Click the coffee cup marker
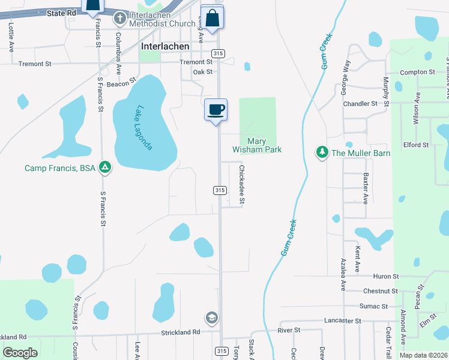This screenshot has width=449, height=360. pos(215,110)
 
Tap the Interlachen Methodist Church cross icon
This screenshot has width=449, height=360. pos(120,19)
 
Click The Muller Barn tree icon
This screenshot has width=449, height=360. pos(323,152)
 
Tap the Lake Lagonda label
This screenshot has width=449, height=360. pos(144,128)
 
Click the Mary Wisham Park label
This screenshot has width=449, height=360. pos(257,145)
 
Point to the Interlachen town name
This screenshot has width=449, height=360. pos(165,46)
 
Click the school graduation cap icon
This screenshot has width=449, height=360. pos(211,317)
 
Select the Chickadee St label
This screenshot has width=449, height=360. pos(242,185)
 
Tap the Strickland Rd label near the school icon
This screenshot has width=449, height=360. pos(180,332)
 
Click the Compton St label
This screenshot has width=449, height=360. pos(417,72)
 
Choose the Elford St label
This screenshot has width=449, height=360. pos(416,145)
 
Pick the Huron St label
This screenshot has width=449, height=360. pos(386,277)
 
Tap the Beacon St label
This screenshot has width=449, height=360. pos(122,84)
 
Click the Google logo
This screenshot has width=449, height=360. pos(20,353)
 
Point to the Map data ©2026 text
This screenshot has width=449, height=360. pos(423,355)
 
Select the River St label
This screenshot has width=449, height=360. pos(288,330)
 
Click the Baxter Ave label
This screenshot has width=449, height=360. pos(365,188)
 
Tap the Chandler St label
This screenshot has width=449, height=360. pos(360,103)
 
